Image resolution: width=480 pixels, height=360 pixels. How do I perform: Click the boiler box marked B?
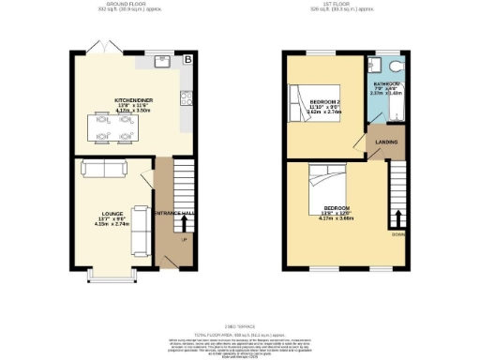point(187,60)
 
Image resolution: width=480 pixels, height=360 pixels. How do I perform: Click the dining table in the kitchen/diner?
point(110,127)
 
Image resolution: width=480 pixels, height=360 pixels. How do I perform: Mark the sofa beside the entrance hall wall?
point(142,227)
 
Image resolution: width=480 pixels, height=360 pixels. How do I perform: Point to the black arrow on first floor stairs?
point(397,215)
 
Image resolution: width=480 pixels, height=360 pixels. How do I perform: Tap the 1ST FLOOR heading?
point(351,7)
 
